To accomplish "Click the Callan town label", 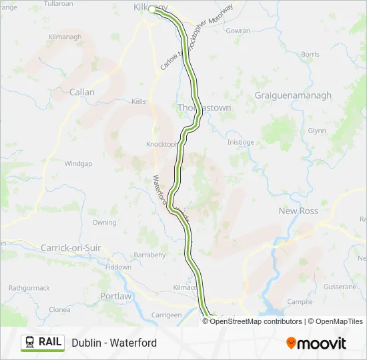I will point(82,92).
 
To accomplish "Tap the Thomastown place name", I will point(204,107).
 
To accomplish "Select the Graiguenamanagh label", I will point(293,95).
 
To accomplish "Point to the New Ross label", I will point(298,211).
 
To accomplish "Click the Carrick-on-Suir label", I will point(71,247).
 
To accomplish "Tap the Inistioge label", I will point(241,142).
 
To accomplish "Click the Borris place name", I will point(310,54).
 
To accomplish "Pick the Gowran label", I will point(238,31).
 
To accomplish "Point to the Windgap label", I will point(78,163).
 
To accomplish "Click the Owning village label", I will point(104,222).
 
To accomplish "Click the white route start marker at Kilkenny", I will point(152,9).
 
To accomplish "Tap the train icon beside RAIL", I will point(30,343).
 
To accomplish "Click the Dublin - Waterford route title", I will point(114,343).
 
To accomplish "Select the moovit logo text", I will point(322,343).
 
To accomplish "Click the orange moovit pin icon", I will point(291,343).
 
